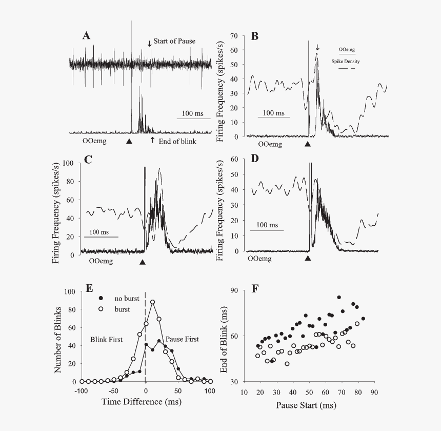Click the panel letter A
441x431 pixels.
[x=87, y=35]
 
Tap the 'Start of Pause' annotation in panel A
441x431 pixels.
[x=174, y=42]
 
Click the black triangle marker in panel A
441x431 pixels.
[x=129, y=141]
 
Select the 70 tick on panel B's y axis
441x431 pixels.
[x=236, y=36]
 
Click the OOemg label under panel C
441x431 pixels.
[x=102, y=261]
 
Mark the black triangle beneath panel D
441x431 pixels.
[x=308, y=259]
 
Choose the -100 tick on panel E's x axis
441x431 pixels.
[x=82, y=390]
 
